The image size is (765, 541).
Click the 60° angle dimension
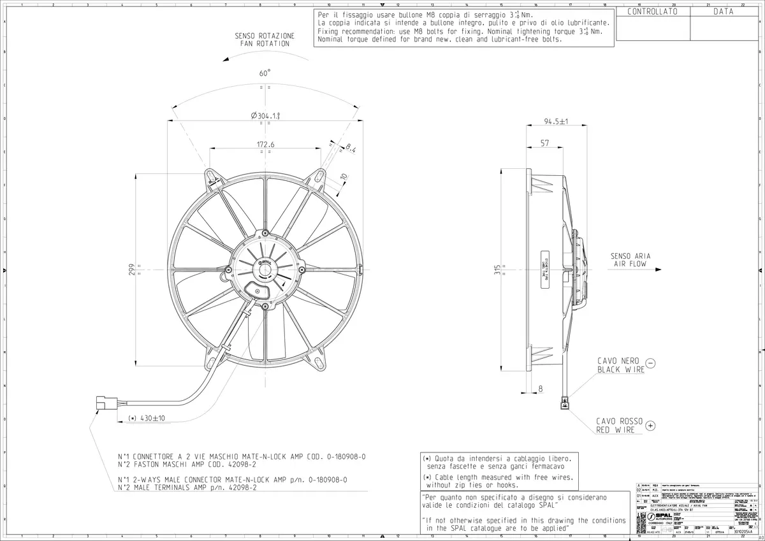tap(265, 73)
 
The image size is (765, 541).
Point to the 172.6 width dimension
tap(265, 145)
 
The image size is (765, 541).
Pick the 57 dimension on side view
tap(544, 143)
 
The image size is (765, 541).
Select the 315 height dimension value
tap(497, 270)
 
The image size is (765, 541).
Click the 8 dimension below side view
tap(541, 387)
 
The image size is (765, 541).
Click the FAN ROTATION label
tap(265, 44)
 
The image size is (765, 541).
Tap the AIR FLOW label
tap(630, 263)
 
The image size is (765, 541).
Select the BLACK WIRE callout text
tap(620, 370)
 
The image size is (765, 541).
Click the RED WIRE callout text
tap(615, 431)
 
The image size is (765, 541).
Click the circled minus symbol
tap(650, 363)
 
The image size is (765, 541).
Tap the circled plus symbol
tap(650, 424)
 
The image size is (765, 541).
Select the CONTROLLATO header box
tap(652, 11)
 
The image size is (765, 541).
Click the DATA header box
tap(723, 11)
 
